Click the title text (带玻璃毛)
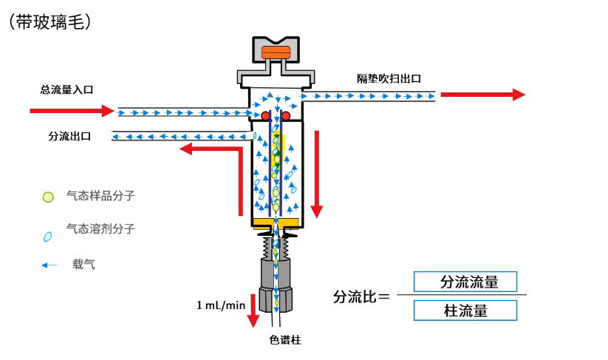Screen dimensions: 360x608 click(x=50, y=21)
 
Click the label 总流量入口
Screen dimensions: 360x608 click(x=66, y=89)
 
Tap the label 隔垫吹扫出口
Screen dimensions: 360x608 click(x=389, y=78)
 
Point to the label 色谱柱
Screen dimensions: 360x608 click(x=285, y=341)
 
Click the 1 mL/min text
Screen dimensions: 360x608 click(x=221, y=305)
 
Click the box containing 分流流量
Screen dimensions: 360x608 click(x=465, y=282)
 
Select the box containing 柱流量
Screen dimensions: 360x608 click(x=465, y=310)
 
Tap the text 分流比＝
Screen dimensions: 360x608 click(x=361, y=296)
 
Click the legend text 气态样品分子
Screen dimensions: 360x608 click(x=100, y=197)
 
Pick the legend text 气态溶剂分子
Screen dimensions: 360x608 click(x=100, y=229)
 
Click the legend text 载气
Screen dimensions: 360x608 click(x=83, y=264)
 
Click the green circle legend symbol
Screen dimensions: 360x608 click(x=48, y=197)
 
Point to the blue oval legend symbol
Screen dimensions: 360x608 click(x=48, y=237)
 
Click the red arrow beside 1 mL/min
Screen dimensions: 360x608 click(x=253, y=310)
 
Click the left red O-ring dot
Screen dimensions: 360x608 click(x=264, y=115)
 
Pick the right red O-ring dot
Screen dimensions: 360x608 click(x=285, y=115)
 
